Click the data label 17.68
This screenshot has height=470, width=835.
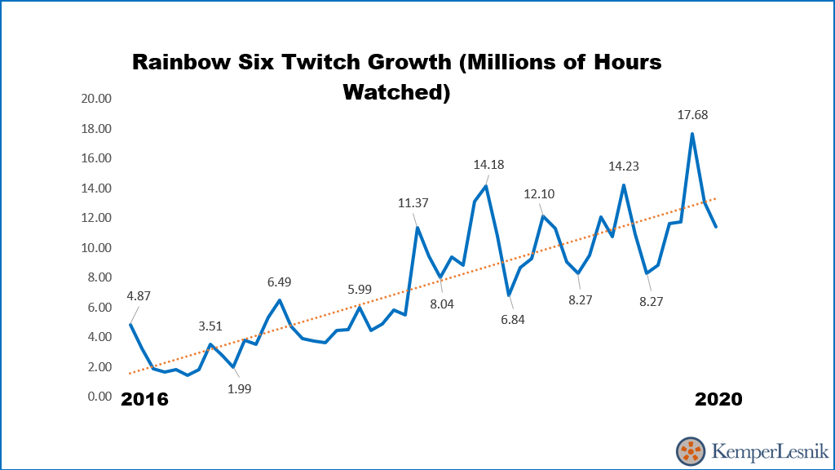coord(692,115)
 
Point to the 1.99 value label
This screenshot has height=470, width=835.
coord(239,388)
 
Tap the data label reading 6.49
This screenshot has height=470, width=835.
coord(279,282)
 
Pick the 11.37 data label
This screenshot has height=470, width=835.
coord(413,203)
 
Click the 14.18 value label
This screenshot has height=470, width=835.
coord(488,165)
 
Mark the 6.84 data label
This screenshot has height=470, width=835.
coord(513,319)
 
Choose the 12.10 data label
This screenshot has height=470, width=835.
coord(540,194)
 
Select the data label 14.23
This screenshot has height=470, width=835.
coord(624,166)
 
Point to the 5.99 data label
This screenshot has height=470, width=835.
coord(360,290)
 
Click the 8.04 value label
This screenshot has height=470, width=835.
coord(442,304)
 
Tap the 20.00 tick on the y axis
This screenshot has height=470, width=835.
coord(96,99)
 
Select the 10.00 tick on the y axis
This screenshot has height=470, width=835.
coord(96,248)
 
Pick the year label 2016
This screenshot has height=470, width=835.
coord(144,399)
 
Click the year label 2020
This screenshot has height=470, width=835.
coord(718,399)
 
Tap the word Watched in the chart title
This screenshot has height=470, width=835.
coord(397,91)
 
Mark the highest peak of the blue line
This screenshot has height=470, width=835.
coord(692,134)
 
